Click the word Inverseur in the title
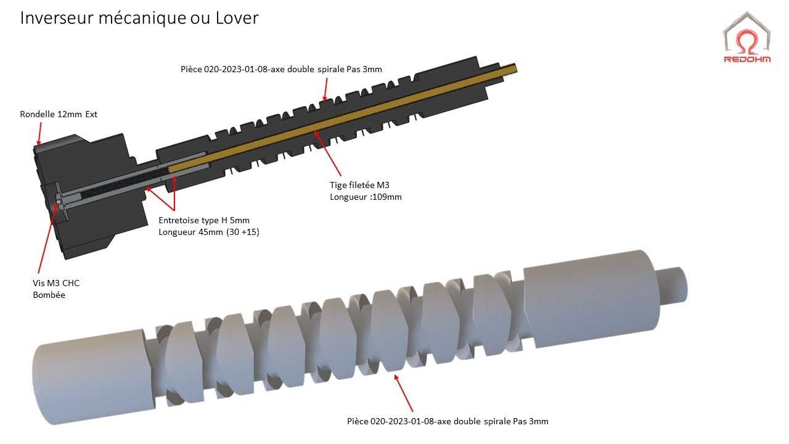coord(56,18)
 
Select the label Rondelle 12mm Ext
coord(59,114)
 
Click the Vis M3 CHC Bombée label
coord(56,289)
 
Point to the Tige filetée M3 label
coord(359,185)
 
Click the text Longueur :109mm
coord(366,197)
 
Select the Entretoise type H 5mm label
coord(204,220)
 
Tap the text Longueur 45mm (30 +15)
coord(209,232)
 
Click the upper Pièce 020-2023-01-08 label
coord(281,69)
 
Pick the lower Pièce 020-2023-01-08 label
coord(448,421)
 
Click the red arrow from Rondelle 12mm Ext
coord(39,134)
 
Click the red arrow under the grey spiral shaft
coord(403,393)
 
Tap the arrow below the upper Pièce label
coord(325,89)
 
